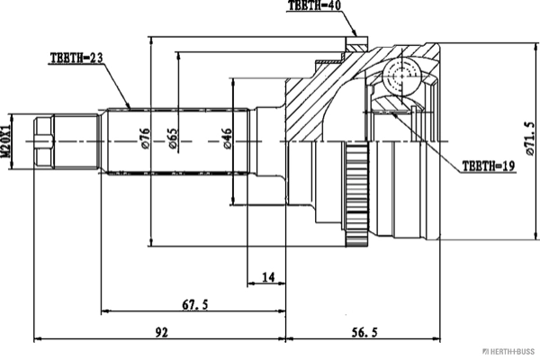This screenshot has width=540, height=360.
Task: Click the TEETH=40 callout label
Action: (x=314, y=5)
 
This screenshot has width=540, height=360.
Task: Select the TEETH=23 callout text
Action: (x=76, y=58)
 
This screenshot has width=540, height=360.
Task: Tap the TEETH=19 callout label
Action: (x=489, y=166)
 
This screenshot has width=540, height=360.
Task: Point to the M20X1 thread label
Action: (x=5, y=141)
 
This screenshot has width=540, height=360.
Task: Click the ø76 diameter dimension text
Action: (x=145, y=139)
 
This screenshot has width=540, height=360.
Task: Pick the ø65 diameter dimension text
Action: (x=173, y=139)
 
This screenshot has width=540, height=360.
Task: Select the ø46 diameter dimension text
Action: (x=228, y=139)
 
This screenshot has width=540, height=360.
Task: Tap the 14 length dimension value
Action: (x=268, y=276)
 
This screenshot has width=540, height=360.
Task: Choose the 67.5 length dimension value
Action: (x=195, y=304)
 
